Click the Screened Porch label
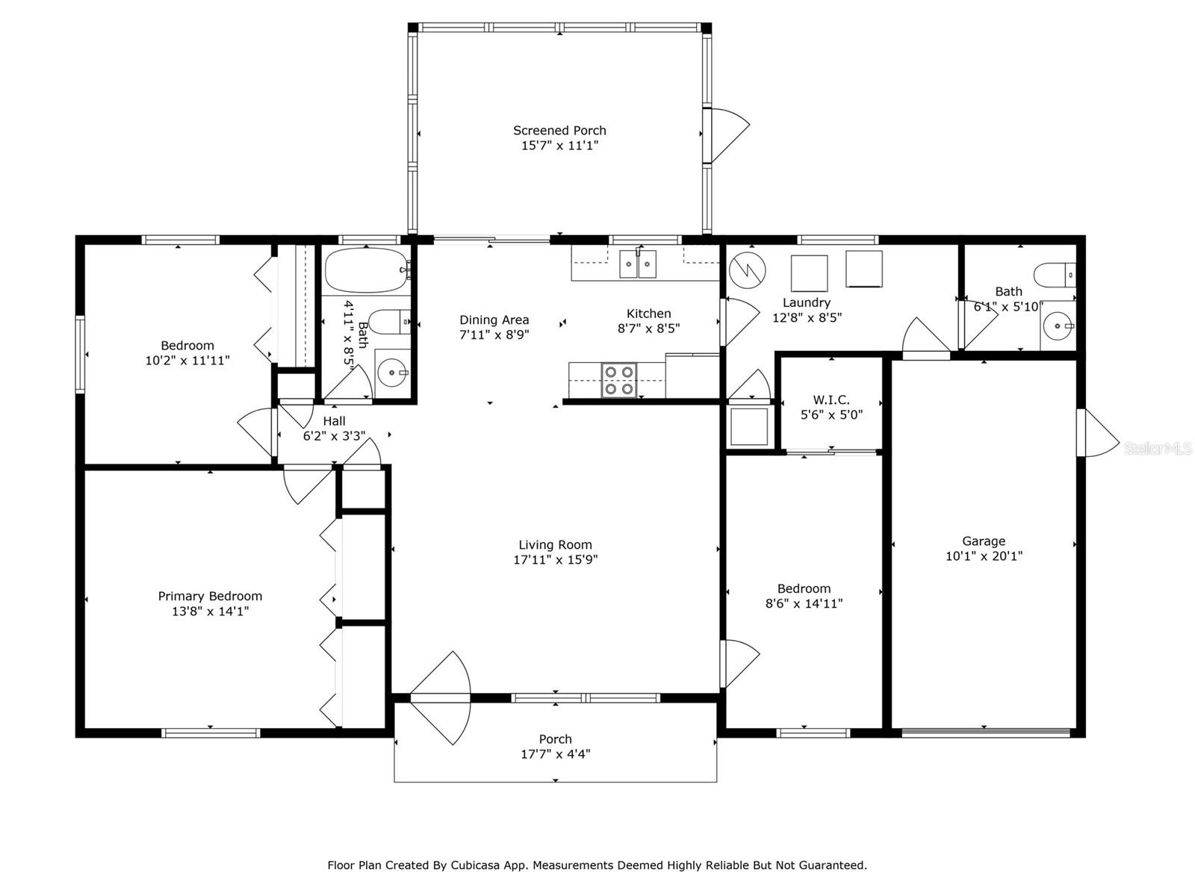pyautogui.click(x=559, y=131)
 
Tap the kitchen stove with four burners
pyautogui.click(x=619, y=380)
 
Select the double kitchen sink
pyautogui.click(x=638, y=264)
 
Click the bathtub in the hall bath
pyautogui.click(x=367, y=270)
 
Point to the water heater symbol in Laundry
pyautogui.click(x=748, y=270)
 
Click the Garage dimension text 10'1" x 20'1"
pyautogui.click(x=984, y=556)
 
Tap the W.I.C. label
pyautogui.click(x=831, y=400)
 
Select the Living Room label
pyautogui.click(x=555, y=544)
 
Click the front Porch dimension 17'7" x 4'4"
pyautogui.click(x=556, y=754)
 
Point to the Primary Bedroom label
pyautogui.click(x=210, y=597)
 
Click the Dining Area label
pyautogui.click(x=494, y=320)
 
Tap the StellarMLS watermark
pyautogui.click(x=1158, y=448)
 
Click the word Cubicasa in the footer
pyautogui.click(x=472, y=865)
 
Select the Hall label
pyautogui.click(x=334, y=421)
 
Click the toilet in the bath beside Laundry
pyautogui.click(x=1055, y=276)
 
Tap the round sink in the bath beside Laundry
pyautogui.click(x=1058, y=326)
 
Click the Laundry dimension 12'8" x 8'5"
pyautogui.click(x=807, y=318)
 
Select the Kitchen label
pyautogui.click(x=648, y=314)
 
